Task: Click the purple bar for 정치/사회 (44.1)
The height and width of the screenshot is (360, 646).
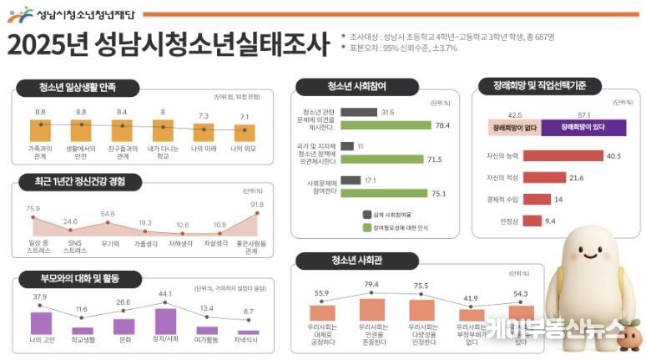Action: pyautogui.click(x=165, y=321)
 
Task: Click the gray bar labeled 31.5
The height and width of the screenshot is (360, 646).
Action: pyautogui.click(x=358, y=112)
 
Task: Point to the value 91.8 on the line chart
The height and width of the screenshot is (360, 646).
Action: pyautogui.click(x=256, y=205)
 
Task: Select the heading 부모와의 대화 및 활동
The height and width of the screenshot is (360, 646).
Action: pyautogui.click(x=74, y=277)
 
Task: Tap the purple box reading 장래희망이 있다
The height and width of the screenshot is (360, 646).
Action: pyautogui.click(x=583, y=128)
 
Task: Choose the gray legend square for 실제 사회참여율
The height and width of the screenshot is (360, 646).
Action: pyautogui.click(x=367, y=213)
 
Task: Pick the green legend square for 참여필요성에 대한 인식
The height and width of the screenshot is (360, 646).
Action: pyautogui.click(x=367, y=226)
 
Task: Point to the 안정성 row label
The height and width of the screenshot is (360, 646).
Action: pyautogui.click(x=509, y=221)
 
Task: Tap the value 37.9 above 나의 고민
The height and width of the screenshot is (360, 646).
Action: pyautogui.click(x=40, y=297)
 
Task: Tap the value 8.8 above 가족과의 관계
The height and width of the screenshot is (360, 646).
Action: pyautogui.click(x=40, y=111)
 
